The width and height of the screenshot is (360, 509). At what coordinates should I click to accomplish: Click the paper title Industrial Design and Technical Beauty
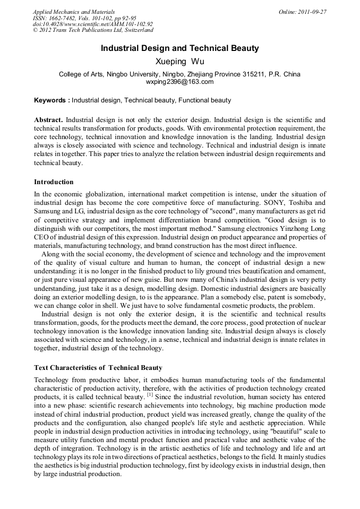[x=180, y=48]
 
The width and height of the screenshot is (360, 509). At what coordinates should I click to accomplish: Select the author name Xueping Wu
[x=180, y=62]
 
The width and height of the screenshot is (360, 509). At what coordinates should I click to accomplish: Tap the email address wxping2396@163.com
[x=179, y=82]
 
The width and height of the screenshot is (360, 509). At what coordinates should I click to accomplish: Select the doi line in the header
[x=93, y=24]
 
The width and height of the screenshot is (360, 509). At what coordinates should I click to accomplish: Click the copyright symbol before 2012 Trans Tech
[x=35, y=31]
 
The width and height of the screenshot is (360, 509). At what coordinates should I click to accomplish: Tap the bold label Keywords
[x=50, y=100]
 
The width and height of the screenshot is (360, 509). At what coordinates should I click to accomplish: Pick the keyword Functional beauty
[x=205, y=100]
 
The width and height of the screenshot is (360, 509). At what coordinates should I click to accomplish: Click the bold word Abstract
[x=48, y=120]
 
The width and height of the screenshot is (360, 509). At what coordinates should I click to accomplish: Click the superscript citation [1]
[x=150, y=395]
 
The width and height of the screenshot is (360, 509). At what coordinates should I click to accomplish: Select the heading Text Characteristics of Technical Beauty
[x=98, y=367]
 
